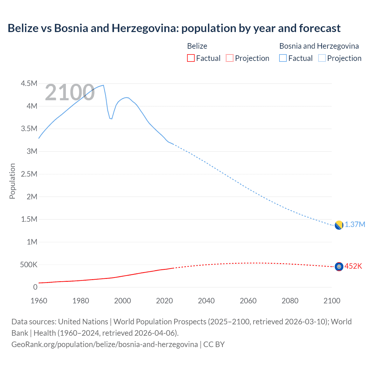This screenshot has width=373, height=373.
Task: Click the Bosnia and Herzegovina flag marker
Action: click(339, 225)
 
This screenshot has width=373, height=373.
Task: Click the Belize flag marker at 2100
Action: click(339, 267)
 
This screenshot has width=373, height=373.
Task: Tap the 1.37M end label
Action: click(355, 225)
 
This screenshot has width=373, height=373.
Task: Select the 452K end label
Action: click(353, 266)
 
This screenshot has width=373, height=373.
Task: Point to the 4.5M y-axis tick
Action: click(29, 84)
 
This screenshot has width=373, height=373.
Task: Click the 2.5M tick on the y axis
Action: click(29, 174)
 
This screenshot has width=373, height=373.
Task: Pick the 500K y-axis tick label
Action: click(29, 265)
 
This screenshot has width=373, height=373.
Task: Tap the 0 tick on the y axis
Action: click(35, 287)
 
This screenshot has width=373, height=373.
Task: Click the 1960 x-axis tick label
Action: click(39, 301)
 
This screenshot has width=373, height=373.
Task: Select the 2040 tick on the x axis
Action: click(206, 301)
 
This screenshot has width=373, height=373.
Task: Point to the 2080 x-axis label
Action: click(290, 301)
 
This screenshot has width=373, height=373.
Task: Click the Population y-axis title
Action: click(12, 181)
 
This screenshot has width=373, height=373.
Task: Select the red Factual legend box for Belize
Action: click(191, 58)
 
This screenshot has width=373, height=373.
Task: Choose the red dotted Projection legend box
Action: click(230, 58)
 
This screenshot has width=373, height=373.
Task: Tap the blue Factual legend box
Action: click(283, 58)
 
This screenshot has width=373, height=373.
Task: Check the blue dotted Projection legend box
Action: click(322, 58)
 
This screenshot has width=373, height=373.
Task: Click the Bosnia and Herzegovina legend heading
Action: click(319, 46)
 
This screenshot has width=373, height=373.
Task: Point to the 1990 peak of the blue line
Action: click(103, 85)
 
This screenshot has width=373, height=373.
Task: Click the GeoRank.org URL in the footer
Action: click(105, 344)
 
